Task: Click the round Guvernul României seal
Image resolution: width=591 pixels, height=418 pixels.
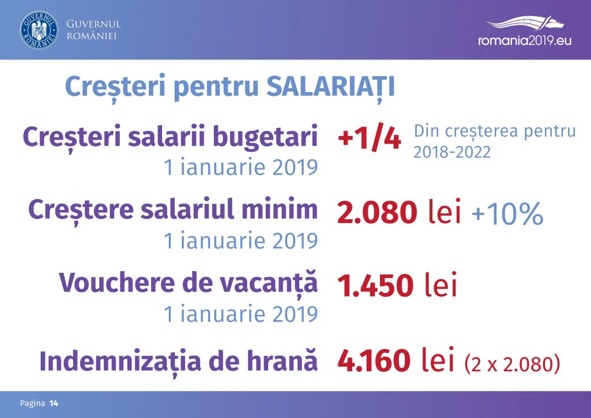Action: (x=39, y=30)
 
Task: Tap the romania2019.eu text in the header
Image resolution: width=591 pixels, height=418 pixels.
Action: (x=525, y=40)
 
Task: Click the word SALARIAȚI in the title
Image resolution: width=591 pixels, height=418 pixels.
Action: (x=330, y=87)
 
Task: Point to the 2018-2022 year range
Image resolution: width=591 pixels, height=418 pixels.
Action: (x=452, y=152)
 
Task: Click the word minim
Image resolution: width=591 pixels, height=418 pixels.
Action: (x=280, y=209)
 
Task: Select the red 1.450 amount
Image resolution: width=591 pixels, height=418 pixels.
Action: (x=375, y=285)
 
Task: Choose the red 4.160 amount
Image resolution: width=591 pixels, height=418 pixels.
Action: (x=374, y=360)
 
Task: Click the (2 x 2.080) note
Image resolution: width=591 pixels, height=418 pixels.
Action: (x=512, y=363)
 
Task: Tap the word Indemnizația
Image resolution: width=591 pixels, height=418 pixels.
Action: (x=121, y=360)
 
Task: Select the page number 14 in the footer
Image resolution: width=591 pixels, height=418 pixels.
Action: (x=54, y=404)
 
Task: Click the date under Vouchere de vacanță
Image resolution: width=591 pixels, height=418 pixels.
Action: (x=241, y=314)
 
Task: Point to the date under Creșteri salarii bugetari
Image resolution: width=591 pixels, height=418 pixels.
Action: (x=241, y=167)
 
